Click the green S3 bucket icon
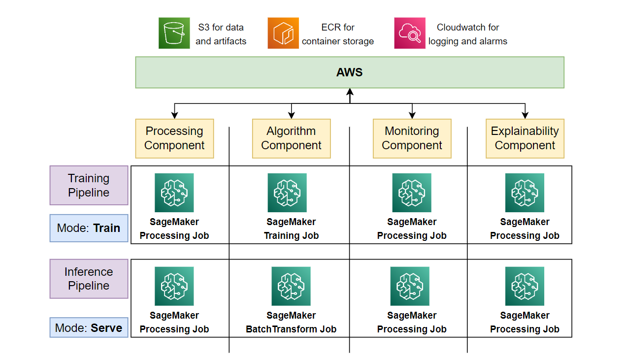(174, 33)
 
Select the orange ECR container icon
(283, 33)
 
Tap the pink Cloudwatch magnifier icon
(410, 33)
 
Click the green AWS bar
(350, 72)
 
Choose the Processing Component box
(174, 138)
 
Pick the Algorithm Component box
(291, 138)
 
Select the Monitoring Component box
(412, 138)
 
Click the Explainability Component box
(525, 138)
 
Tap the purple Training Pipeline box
(89, 185)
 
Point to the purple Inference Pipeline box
(89, 279)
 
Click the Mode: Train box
(89, 228)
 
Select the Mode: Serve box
(89, 327)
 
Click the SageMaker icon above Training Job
(287, 193)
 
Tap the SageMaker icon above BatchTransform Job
(291, 286)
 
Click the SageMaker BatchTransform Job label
(291, 322)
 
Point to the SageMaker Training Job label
(291, 229)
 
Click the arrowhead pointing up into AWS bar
(350, 92)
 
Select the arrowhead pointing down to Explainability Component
(525, 115)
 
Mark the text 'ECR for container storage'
(337, 34)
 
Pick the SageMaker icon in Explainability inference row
(525, 286)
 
